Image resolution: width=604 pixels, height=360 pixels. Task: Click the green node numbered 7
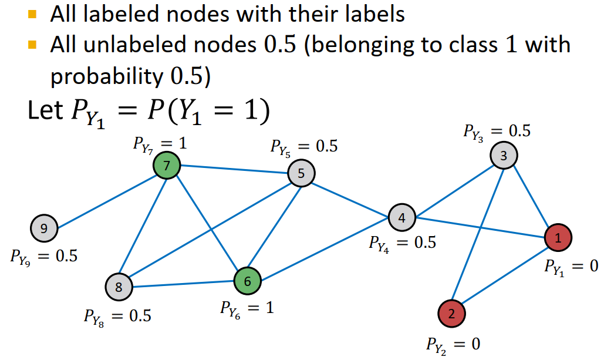coord(167,166)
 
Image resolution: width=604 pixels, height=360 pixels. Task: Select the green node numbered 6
coord(248,281)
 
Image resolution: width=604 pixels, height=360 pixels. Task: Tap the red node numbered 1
coord(557,237)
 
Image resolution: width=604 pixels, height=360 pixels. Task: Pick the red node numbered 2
coord(451,313)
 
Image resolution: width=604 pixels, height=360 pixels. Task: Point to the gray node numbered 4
coord(401,217)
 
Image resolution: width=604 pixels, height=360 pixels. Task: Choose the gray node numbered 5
coord(301,173)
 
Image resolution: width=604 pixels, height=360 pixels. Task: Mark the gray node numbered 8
coord(119,287)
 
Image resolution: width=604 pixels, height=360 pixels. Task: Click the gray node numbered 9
coord(43,227)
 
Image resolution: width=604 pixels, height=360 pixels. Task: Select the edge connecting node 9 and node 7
coord(106,197)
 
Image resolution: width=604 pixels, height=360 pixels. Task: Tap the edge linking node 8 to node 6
coord(183,284)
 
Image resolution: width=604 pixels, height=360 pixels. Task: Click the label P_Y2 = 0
coord(453,344)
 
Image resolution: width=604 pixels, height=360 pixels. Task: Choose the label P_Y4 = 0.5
coord(402,242)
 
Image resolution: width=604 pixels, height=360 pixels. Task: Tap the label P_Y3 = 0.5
coord(496,132)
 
